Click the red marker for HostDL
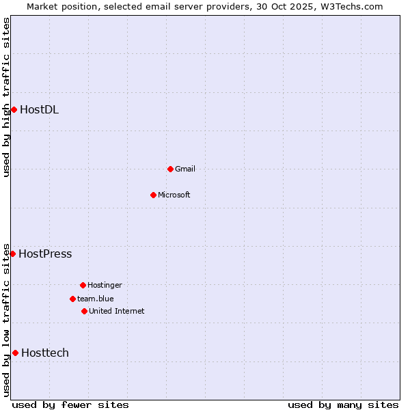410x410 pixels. [14, 109]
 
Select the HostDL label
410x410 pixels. [39, 109]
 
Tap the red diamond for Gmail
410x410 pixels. [170, 169]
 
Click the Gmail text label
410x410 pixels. [185, 169]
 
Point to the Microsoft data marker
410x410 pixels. [153, 195]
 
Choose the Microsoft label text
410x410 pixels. [174, 195]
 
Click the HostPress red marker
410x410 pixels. [12, 254]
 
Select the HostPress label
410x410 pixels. [45, 254]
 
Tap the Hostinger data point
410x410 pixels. [83, 285]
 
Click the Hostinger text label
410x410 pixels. [105, 285]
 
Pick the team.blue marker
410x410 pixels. [72, 299]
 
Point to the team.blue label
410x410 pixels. [96, 299]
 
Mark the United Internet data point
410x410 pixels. [84, 311]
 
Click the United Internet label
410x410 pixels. [117, 311]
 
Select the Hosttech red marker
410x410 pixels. [15, 353]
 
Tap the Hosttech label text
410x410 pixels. [45, 353]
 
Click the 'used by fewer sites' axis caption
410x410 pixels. [70, 405]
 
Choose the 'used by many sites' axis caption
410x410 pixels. [343, 405]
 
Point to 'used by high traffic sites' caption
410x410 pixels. [6, 97]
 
